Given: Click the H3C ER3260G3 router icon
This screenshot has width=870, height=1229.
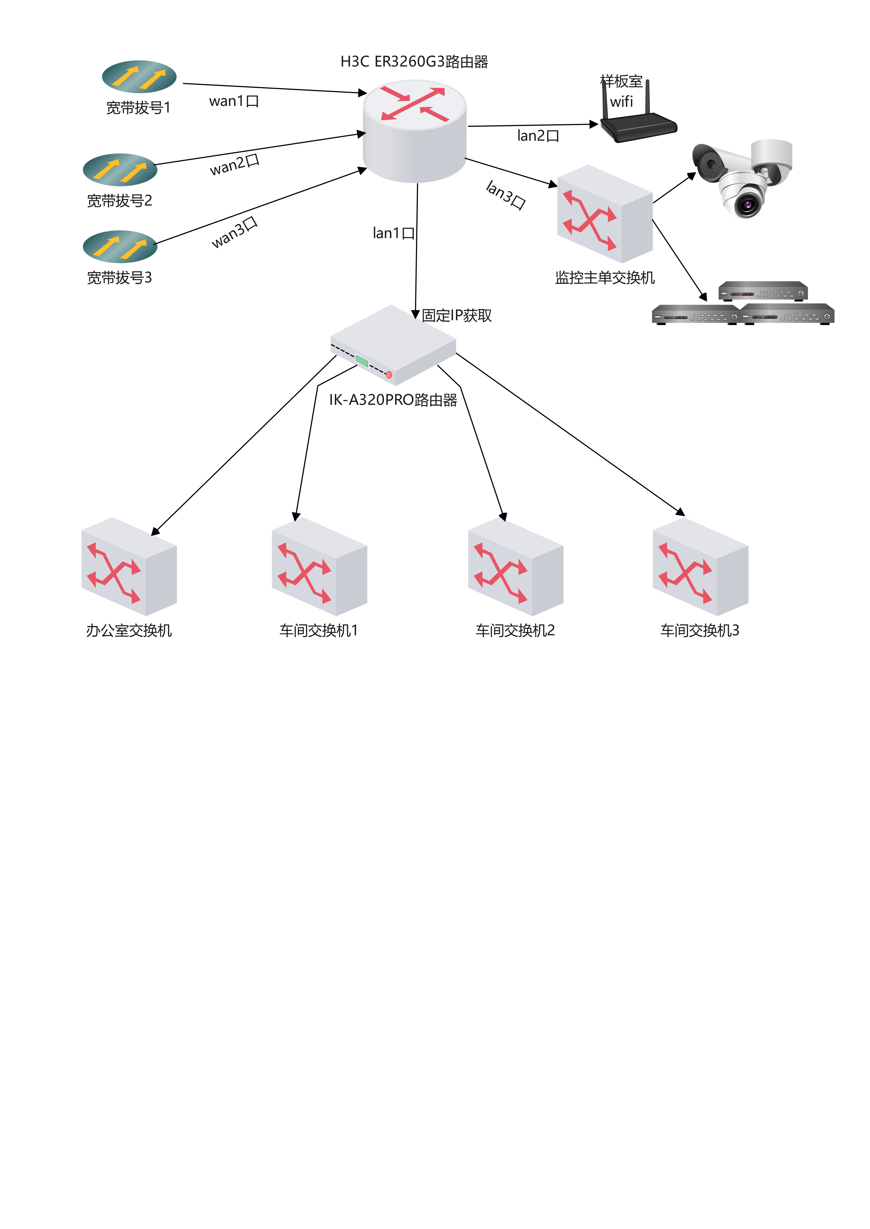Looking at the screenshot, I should coord(414,131).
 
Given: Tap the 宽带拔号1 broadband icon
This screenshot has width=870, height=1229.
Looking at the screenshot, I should coord(139,77).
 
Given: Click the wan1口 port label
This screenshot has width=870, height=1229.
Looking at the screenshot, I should coord(234,101).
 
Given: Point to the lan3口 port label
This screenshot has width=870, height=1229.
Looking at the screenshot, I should coord(505,195).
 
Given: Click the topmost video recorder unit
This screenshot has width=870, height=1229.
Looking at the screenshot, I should coord(763,291).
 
